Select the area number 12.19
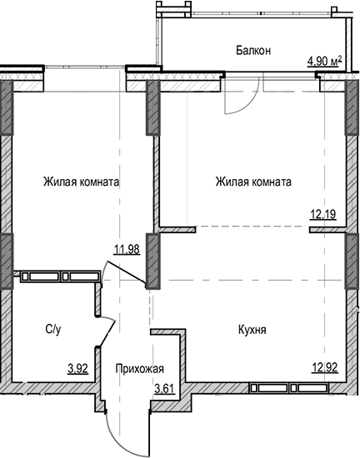(x=323, y=214)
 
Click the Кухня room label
(x=251, y=331)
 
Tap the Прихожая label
(x=139, y=370)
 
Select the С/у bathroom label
(x=52, y=331)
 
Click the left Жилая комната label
(x=82, y=182)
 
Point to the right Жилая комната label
(x=252, y=182)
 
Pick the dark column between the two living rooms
(x=153, y=108)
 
